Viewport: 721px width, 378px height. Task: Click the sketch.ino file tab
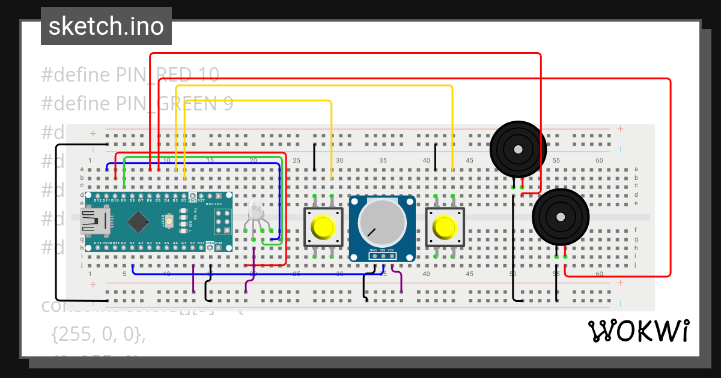click(106, 26)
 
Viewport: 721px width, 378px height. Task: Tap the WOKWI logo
click(637, 331)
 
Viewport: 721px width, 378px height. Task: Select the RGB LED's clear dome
click(255, 210)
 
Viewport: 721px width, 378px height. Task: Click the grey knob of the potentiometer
click(382, 221)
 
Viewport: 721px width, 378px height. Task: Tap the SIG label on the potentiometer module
click(382, 250)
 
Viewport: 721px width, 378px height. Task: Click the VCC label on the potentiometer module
click(391, 250)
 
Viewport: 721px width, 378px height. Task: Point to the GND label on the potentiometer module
click(373, 250)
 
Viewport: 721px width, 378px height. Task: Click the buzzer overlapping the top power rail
click(518, 148)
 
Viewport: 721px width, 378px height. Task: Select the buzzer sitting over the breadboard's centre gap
click(561, 217)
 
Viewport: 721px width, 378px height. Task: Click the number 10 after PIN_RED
click(208, 75)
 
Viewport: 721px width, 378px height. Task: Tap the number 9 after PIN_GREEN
click(228, 104)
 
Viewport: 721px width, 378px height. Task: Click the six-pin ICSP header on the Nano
click(223, 222)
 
